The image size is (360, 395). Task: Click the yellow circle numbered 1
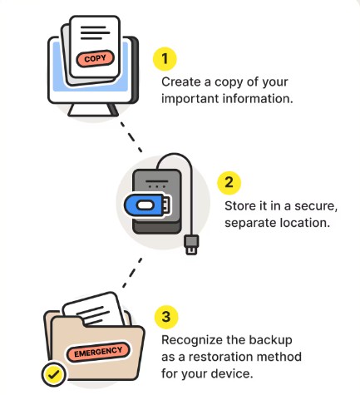pos(165,59)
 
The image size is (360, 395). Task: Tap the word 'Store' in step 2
pos(239,205)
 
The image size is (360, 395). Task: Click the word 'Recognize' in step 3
pos(187,340)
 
